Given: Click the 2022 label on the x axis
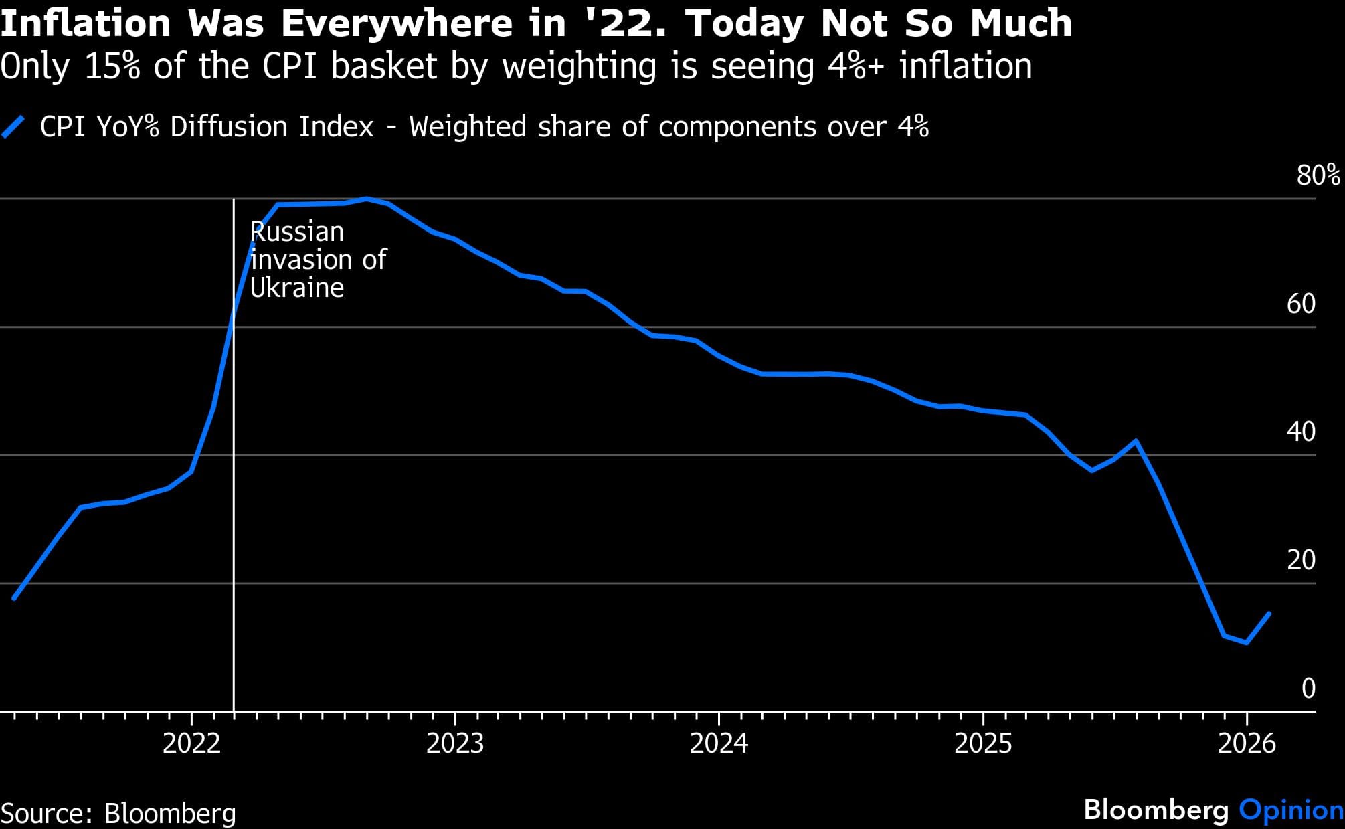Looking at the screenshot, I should [x=191, y=743].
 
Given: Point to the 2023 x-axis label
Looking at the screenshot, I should [x=455, y=743].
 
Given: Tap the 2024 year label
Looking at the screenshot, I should [x=719, y=743].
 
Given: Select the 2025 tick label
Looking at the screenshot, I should [x=982, y=743].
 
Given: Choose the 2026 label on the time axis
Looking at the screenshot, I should [x=1247, y=743].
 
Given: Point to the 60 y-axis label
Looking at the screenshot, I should [x=1301, y=304].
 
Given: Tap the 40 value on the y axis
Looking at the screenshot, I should [x=1301, y=432].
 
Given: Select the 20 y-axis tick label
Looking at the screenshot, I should [x=1301, y=560].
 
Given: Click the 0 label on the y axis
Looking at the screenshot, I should [x=1308, y=688].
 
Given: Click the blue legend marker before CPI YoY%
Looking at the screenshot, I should [x=13, y=126].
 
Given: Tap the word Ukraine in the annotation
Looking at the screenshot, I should [x=297, y=288].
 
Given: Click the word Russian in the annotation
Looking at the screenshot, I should [x=297, y=232].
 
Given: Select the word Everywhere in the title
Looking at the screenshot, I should [x=396, y=24].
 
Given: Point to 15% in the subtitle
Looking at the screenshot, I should [x=112, y=66].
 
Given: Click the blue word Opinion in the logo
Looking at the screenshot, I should [x=1291, y=810].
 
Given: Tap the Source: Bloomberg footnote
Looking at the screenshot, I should [x=118, y=814].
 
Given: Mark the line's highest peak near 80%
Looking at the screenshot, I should [x=367, y=199].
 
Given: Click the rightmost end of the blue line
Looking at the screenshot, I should [x=1269, y=613].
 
